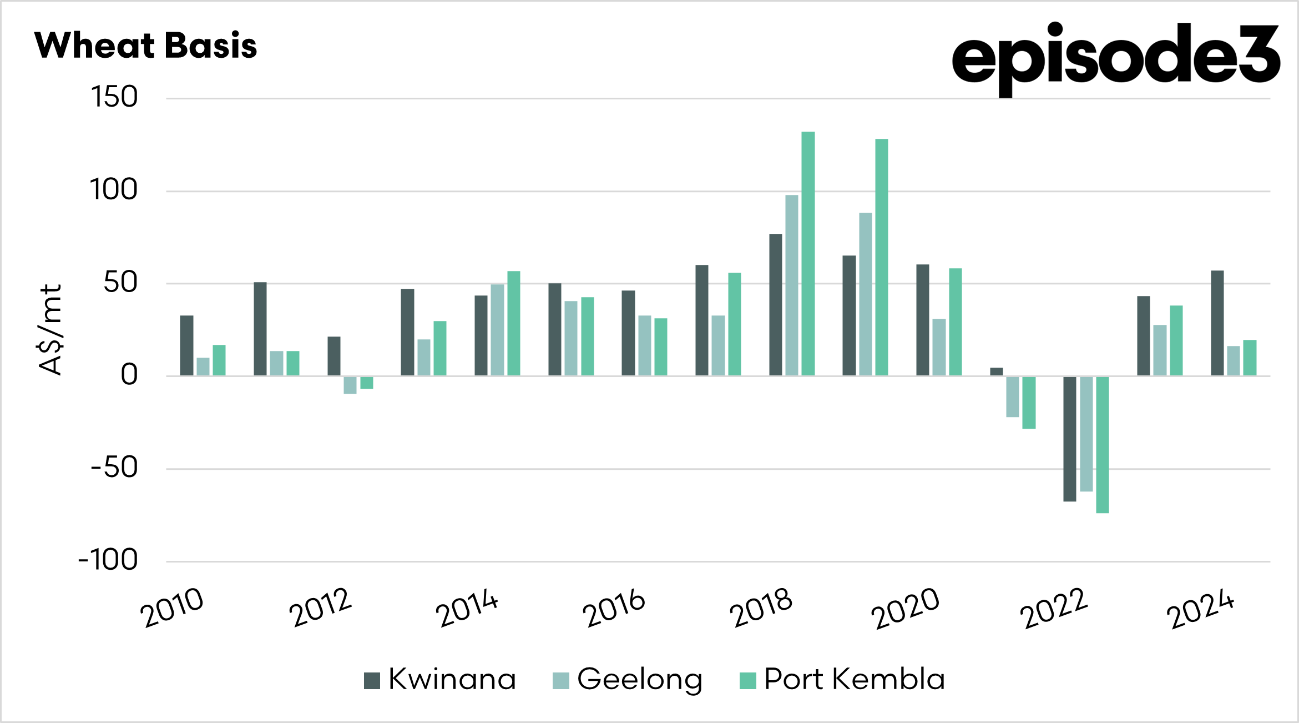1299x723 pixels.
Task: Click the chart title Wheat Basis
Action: pyautogui.click(x=145, y=45)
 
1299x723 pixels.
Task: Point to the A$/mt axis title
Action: pyautogui.click(x=50, y=330)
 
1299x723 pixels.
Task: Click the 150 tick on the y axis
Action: pyautogui.click(x=114, y=97)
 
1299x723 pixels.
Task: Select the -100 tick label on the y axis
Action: pyautogui.click(x=108, y=560)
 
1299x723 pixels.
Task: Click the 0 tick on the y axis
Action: pyautogui.click(x=129, y=375)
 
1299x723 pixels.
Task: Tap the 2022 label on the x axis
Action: pyautogui.click(x=1054, y=608)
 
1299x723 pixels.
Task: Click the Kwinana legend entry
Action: pyautogui.click(x=441, y=679)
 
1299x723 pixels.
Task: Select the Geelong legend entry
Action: pyautogui.click(x=628, y=679)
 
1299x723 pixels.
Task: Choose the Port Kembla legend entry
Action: pyautogui.click(x=842, y=679)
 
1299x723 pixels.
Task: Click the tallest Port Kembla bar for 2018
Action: pyautogui.click(x=808, y=254)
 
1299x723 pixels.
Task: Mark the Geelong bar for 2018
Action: pyautogui.click(x=792, y=285)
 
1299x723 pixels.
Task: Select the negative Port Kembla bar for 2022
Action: pyautogui.click(x=1102, y=444)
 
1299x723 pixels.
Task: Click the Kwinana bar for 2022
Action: pyautogui.click(x=1069, y=439)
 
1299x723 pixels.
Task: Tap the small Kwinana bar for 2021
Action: pyautogui.click(x=996, y=371)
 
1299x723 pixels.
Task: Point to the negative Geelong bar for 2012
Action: pyautogui.click(x=350, y=385)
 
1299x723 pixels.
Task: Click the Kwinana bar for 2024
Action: pyautogui.click(x=1217, y=323)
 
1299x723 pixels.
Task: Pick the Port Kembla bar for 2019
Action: pyautogui.click(x=881, y=257)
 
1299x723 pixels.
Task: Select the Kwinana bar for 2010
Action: pyautogui.click(x=186, y=345)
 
